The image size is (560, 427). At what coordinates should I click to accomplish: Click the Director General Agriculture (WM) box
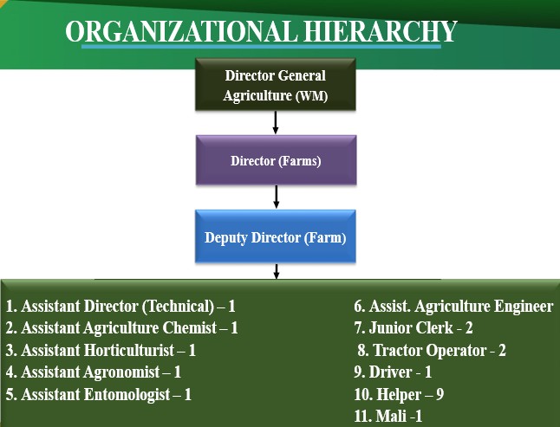click(x=275, y=85)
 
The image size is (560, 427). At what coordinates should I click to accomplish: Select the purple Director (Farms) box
click(x=276, y=160)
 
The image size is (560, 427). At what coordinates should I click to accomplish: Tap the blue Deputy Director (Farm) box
click(x=276, y=236)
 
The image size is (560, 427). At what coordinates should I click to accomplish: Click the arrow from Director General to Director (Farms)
click(x=276, y=122)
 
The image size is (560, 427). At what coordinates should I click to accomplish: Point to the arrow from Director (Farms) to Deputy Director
click(x=276, y=197)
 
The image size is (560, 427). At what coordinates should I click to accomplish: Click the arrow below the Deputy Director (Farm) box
click(x=276, y=271)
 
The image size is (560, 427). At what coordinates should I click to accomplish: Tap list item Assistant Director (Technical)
click(x=120, y=306)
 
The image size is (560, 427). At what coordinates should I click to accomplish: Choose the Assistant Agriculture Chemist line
click(x=121, y=328)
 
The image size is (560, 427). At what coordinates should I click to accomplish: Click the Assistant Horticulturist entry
click(x=101, y=350)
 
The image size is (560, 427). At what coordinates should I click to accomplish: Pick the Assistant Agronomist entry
click(x=94, y=372)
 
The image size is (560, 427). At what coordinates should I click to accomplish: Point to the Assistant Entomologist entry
click(x=99, y=394)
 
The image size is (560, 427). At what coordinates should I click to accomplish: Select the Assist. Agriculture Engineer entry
click(x=453, y=306)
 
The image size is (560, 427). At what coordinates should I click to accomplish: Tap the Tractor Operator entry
click(x=432, y=350)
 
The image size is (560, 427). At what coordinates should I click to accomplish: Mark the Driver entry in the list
click(x=393, y=372)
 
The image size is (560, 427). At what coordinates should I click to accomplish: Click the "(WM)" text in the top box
click(x=311, y=95)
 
